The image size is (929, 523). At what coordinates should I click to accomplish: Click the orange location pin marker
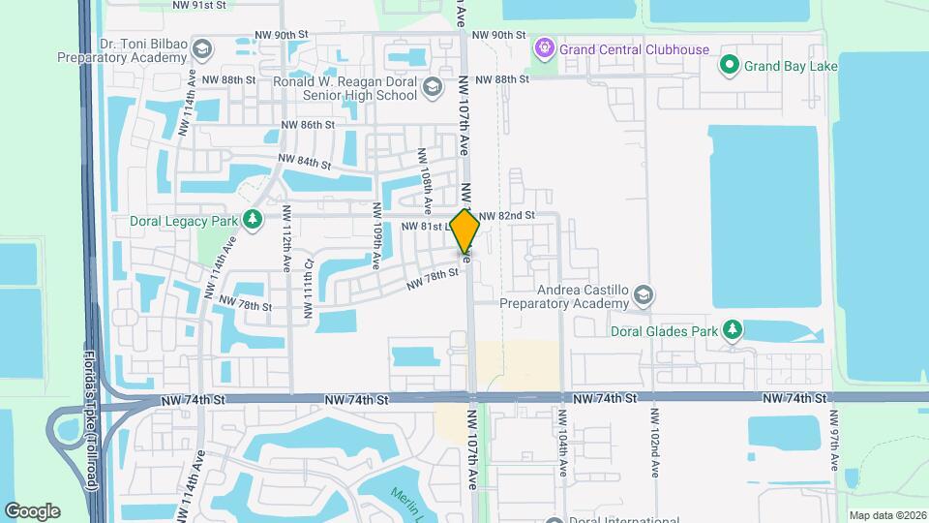point(465,231)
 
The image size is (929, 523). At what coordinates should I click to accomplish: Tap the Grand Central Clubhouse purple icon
point(545,47)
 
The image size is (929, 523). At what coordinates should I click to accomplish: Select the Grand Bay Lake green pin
point(731,66)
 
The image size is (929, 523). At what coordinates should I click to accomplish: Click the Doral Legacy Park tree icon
point(253,220)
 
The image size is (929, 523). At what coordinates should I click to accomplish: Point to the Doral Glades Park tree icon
point(733,330)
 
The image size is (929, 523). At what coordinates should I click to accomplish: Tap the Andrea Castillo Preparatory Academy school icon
point(644,295)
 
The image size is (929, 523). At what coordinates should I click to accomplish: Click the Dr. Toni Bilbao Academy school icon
point(202,49)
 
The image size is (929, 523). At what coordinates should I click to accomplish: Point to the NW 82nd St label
point(506,215)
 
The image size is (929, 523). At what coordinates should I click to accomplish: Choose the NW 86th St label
point(308,125)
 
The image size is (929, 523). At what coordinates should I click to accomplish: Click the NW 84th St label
point(304,161)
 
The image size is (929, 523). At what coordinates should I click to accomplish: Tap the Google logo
point(32,511)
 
